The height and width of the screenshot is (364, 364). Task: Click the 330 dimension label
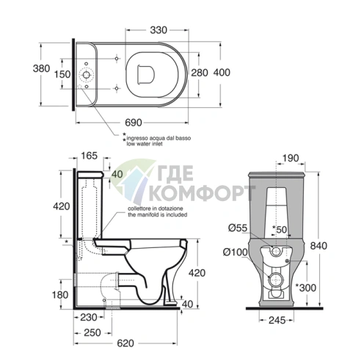pos(159,30)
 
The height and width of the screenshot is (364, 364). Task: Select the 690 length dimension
pos(134,123)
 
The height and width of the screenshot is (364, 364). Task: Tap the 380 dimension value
pos(41,68)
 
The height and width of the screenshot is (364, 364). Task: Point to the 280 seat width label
pos(200,73)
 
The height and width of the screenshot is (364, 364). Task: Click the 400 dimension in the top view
pos(222,73)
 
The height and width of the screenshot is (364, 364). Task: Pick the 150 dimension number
pos(62,74)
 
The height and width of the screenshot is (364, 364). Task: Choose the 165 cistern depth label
pos(90,156)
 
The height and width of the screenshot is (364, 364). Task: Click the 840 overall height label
pos(318,246)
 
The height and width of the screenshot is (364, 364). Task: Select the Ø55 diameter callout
pos(238,228)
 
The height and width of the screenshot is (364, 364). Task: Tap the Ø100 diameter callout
pos(235,252)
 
